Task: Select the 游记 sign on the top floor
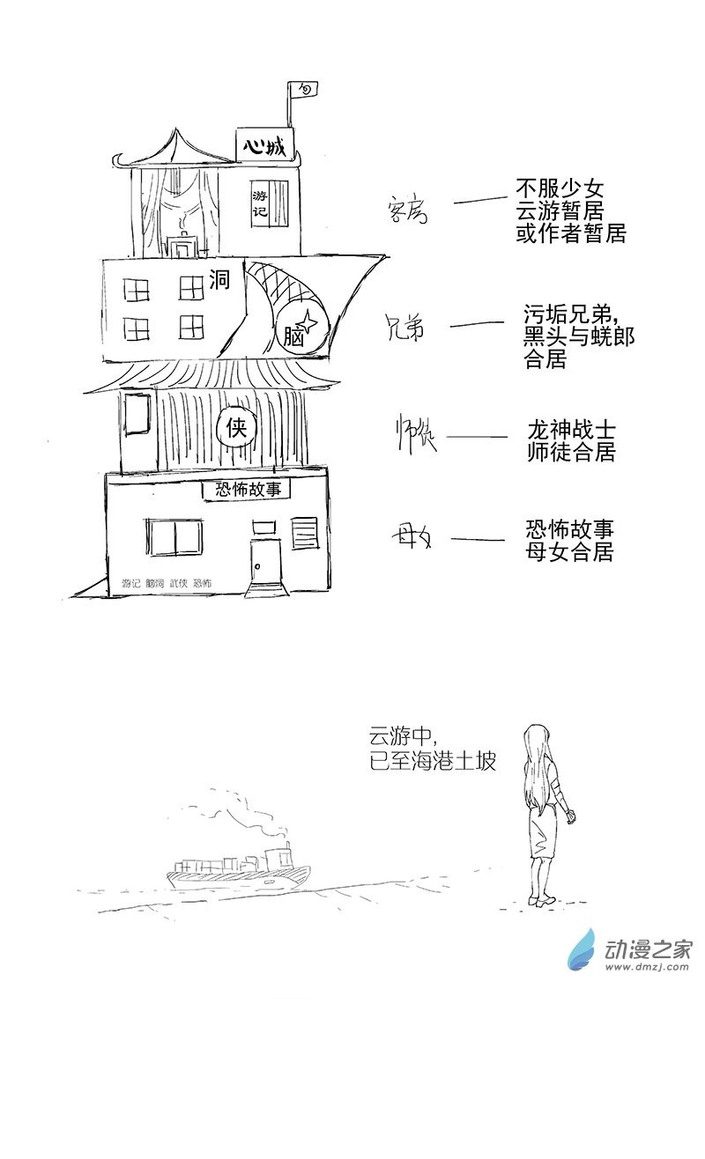point(260,206)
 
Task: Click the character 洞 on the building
point(219,282)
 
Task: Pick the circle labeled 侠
point(236,429)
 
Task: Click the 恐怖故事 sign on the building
point(247,490)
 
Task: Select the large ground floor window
point(174,537)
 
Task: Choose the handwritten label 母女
point(412,536)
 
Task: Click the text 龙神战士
point(570,431)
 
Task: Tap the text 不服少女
point(560,189)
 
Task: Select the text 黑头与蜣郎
point(578,336)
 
